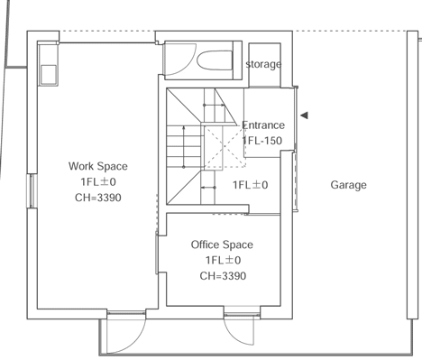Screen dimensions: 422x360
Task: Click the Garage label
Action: pyautogui.click(x=348, y=185)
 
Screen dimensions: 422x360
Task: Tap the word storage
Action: pyautogui.click(x=263, y=64)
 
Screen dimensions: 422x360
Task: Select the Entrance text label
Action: pyautogui.click(x=263, y=125)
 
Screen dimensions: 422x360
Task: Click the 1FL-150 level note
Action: pyautogui.click(x=262, y=141)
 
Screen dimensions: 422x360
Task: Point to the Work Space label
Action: pyautogui.click(x=98, y=166)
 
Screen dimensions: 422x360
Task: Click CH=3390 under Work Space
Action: pyautogui.click(x=98, y=198)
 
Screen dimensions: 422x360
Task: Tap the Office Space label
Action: pyautogui.click(x=222, y=245)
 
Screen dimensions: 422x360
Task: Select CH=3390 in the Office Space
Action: pyautogui.click(x=223, y=276)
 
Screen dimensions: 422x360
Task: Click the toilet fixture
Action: pyautogui.click(x=215, y=60)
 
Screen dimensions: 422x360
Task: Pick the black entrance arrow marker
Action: pyautogui.click(x=304, y=115)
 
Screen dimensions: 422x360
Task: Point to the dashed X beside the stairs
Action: pyautogui.click(x=225, y=147)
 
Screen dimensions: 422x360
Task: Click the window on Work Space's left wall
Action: pyautogui.click(x=32, y=190)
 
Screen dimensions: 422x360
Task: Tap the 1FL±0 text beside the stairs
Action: pyautogui.click(x=251, y=185)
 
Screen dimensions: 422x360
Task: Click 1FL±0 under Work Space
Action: pyautogui.click(x=98, y=182)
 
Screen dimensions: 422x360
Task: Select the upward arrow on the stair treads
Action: pyautogui.click(x=184, y=147)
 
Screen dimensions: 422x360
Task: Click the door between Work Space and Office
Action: pyautogui.click(x=157, y=253)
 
